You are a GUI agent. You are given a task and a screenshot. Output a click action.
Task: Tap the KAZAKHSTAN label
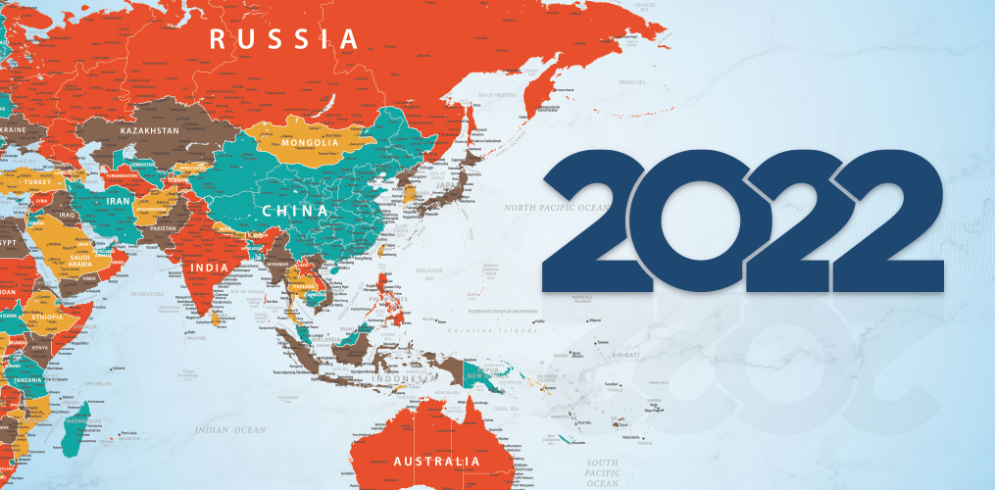pos(149,130)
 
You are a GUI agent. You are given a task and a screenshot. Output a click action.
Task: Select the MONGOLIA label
pos(310,143)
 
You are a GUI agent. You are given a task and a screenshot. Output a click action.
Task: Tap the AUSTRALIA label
pos(436,461)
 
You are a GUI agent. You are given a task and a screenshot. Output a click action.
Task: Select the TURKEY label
pos(38,183)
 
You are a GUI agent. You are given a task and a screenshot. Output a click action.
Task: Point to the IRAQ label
pos(67,214)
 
